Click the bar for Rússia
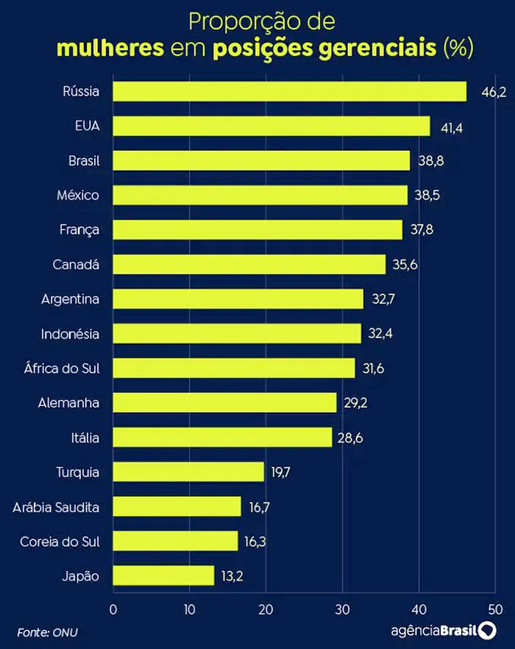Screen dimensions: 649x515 click(x=290, y=91)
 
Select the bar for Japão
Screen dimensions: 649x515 click(x=163, y=575)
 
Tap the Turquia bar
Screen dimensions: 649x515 click(x=188, y=472)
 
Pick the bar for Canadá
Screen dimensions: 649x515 click(x=249, y=264)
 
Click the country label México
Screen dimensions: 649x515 click(x=78, y=195)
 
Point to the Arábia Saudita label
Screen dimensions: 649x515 click(x=56, y=507)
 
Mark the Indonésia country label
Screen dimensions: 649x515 click(x=71, y=334)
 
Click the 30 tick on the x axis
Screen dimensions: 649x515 click(x=342, y=609)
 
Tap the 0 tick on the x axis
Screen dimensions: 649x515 click(x=113, y=609)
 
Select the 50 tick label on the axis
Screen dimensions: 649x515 click(x=494, y=609)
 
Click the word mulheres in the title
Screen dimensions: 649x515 click(x=110, y=49)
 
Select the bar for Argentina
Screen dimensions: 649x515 click(x=238, y=299)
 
